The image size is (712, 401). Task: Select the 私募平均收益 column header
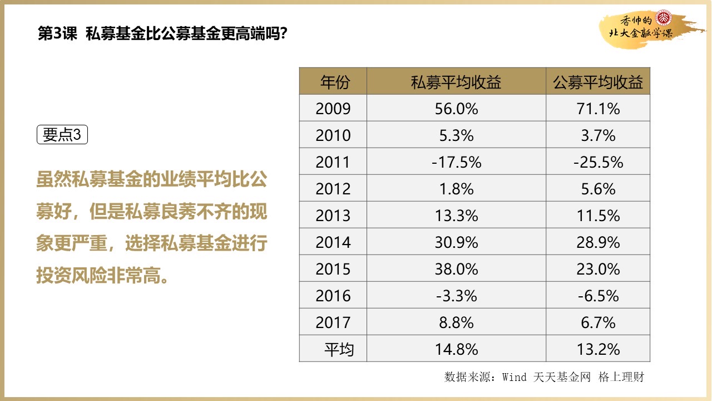[x=456, y=82]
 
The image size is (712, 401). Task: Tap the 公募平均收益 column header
[x=598, y=82]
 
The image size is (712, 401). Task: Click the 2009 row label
[x=333, y=109]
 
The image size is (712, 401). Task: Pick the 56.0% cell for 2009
[x=456, y=109]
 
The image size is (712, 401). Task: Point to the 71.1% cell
[x=598, y=109]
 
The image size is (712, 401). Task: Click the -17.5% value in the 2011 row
[x=456, y=162]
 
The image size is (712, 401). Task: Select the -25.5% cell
[x=598, y=162]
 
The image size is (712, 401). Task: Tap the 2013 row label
[x=333, y=216]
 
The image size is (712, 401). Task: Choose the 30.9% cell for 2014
[x=456, y=242]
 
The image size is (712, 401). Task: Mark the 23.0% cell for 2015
[x=598, y=269]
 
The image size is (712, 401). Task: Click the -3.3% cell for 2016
[x=456, y=296]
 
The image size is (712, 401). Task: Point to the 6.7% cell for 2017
[x=598, y=322]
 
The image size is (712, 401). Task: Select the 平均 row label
[x=339, y=349]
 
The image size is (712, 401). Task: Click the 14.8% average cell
[x=456, y=349]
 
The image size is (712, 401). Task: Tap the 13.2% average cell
[x=598, y=349]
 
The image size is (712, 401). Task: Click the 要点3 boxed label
[x=62, y=135]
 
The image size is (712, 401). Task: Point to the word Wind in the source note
[x=514, y=377]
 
